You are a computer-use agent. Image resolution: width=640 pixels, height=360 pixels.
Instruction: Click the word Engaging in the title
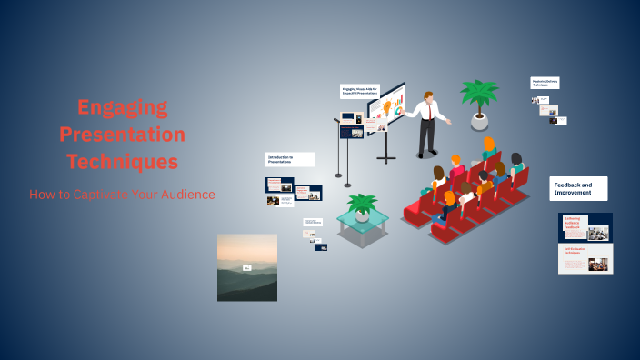pyautogui.click(x=123, y=107)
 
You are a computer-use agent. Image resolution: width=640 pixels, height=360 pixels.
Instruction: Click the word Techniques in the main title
pyautogui.click(x=122, y=163)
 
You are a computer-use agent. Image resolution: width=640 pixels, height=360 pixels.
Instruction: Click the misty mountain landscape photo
pyautogui.click(x=247, y=267)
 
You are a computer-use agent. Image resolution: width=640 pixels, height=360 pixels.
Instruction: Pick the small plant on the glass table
pyautogui.click(x=363, y=205)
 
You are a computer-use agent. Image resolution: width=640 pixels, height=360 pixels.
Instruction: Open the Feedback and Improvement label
pyautogui.click(x=579, y=188)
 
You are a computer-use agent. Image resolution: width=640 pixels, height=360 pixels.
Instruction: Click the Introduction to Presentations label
pyautogui.click(x=290, y=159)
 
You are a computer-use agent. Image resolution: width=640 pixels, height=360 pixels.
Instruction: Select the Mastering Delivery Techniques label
pyautogui.click(x=545, y=83)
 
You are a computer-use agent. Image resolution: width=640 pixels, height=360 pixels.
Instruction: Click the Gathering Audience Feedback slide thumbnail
pyautogui.click(x=585, y=226)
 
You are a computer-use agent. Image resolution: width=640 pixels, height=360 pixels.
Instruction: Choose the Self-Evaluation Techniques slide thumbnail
pyautogui.click(x=585, y=258)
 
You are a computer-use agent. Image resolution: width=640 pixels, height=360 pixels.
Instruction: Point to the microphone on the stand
pyautogui.click(x=337, y=119)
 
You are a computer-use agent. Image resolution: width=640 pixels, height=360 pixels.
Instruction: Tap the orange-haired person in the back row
pyautogui.click(x=489, y=145)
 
